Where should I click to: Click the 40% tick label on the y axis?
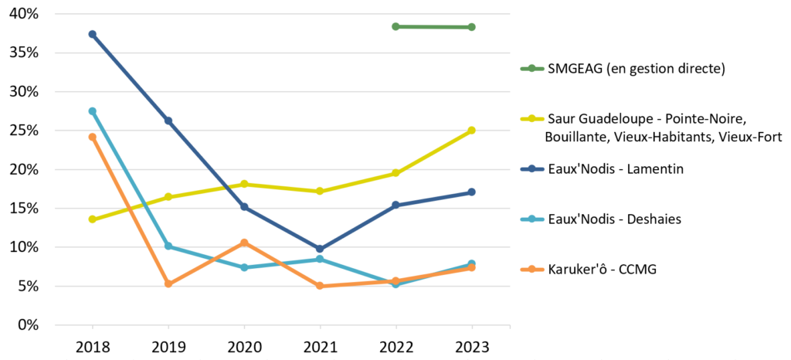25,15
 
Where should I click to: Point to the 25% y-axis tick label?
25,131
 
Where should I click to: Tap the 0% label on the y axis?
29,324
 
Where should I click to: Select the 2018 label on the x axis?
92,347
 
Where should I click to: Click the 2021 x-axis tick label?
320,347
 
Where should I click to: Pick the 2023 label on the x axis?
472,347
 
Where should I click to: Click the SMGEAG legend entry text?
636,69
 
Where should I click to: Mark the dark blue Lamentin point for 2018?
92,34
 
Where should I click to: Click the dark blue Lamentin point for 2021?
320,249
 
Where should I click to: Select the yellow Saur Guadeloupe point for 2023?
472,131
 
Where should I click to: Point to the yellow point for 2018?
92,219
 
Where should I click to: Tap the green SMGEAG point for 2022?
395,26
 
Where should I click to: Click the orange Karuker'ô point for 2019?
168,284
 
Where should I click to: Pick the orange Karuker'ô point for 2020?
244,243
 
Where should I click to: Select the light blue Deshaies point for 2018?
92,111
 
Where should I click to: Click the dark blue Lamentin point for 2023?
472,192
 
